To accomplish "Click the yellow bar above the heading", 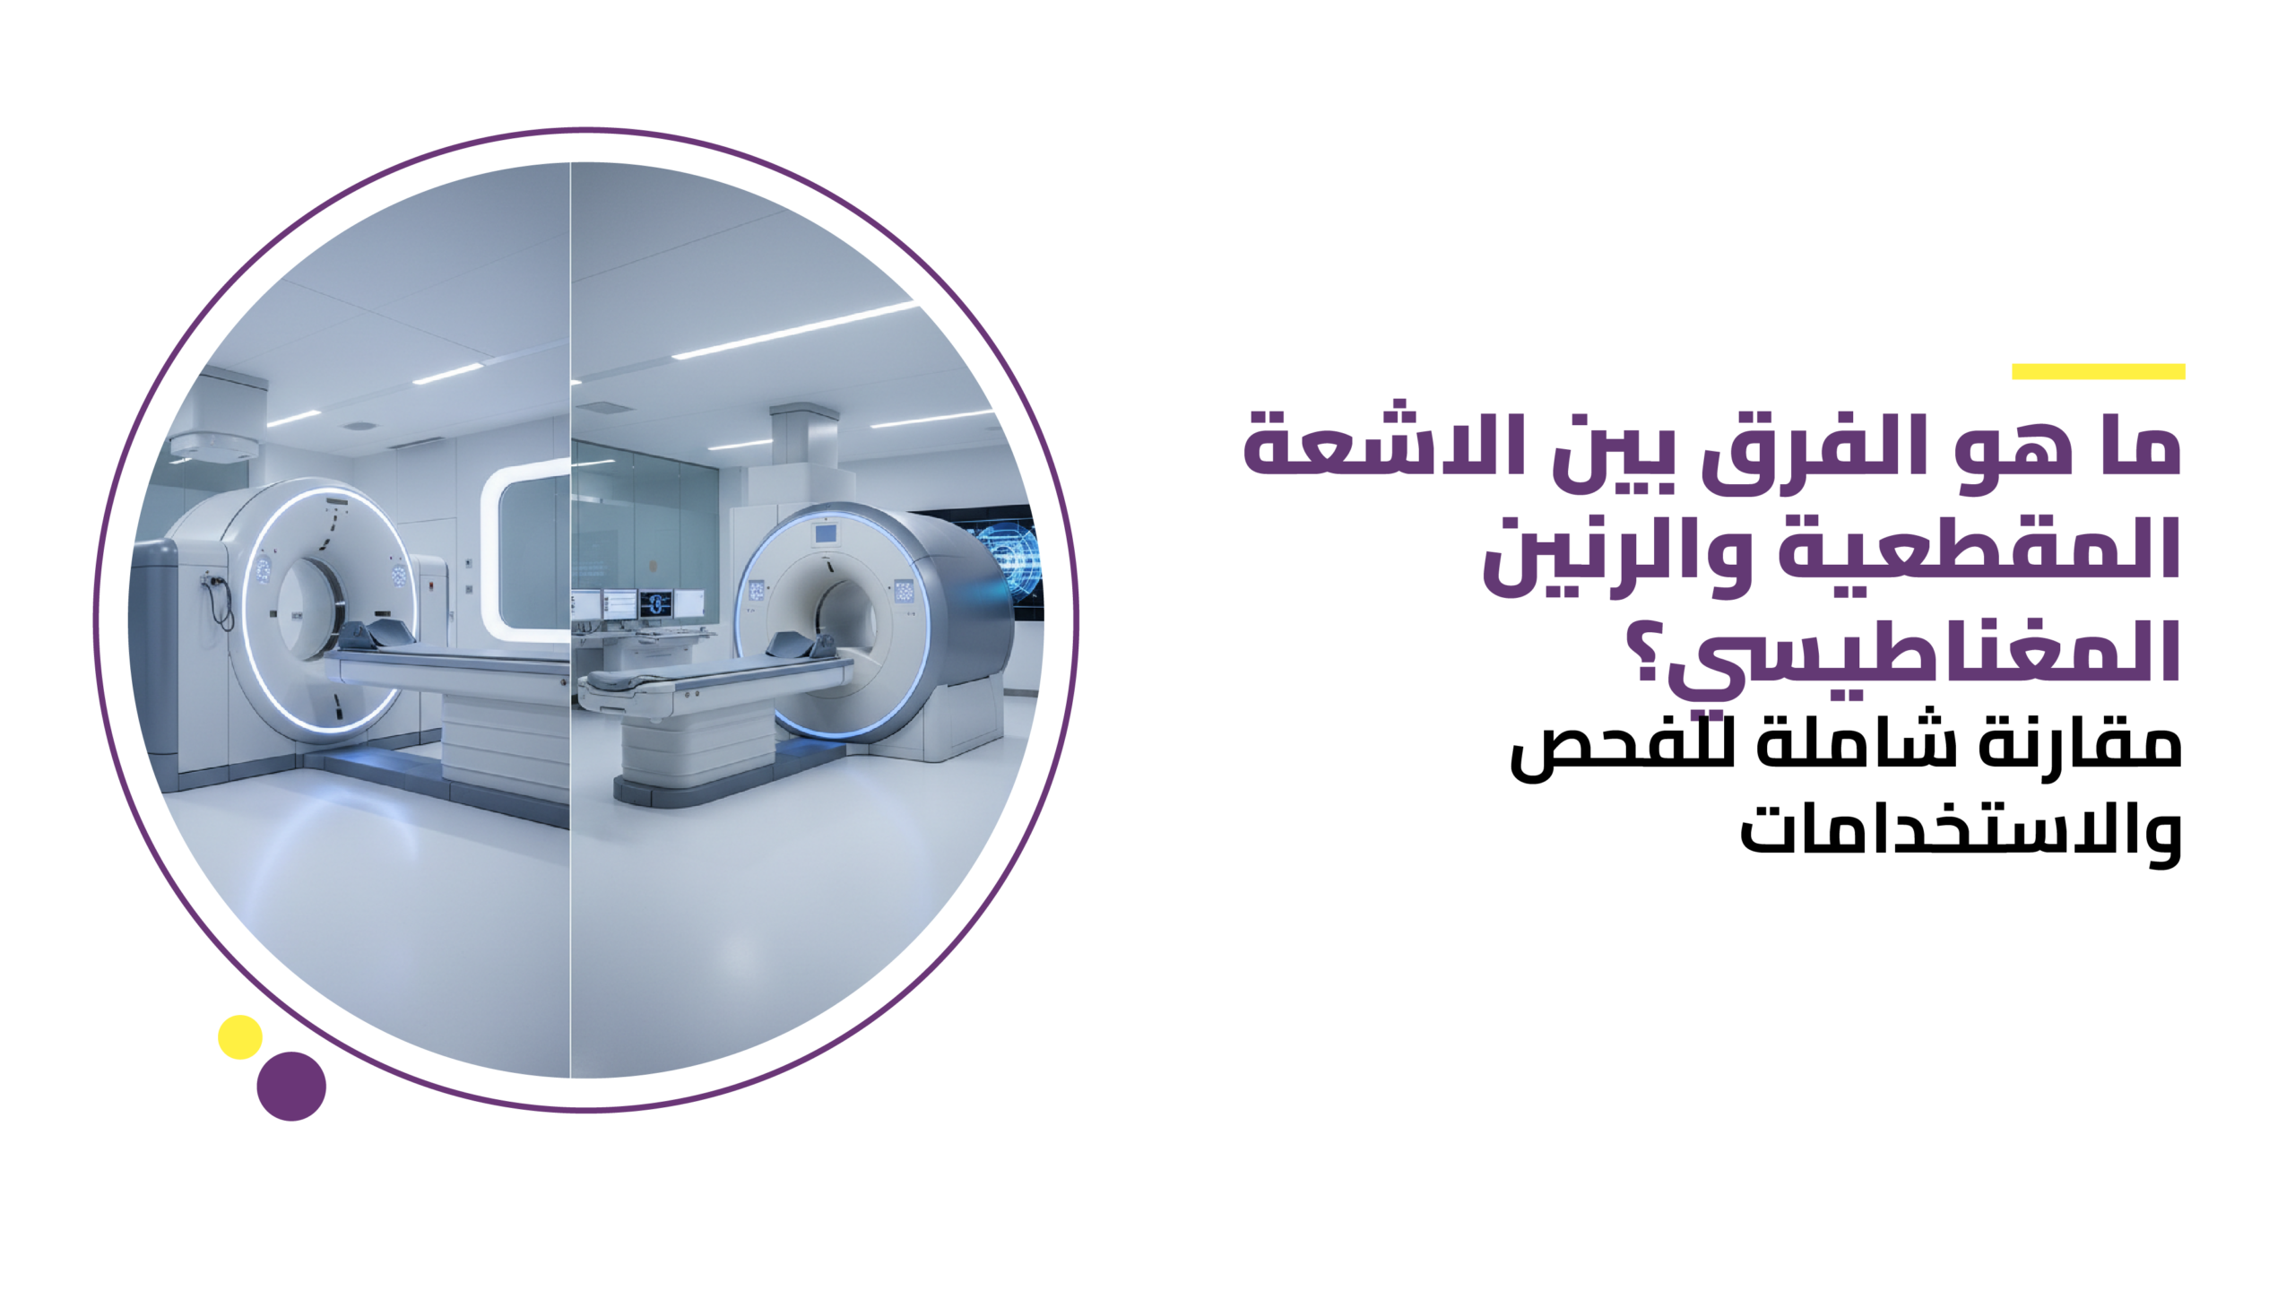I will click(2098, 371).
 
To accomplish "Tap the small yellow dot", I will click(239, 1037).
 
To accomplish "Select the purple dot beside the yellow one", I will click(291, 1086).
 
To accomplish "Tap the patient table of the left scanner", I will click(448, 668).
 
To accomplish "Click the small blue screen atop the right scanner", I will click(825, 534).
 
